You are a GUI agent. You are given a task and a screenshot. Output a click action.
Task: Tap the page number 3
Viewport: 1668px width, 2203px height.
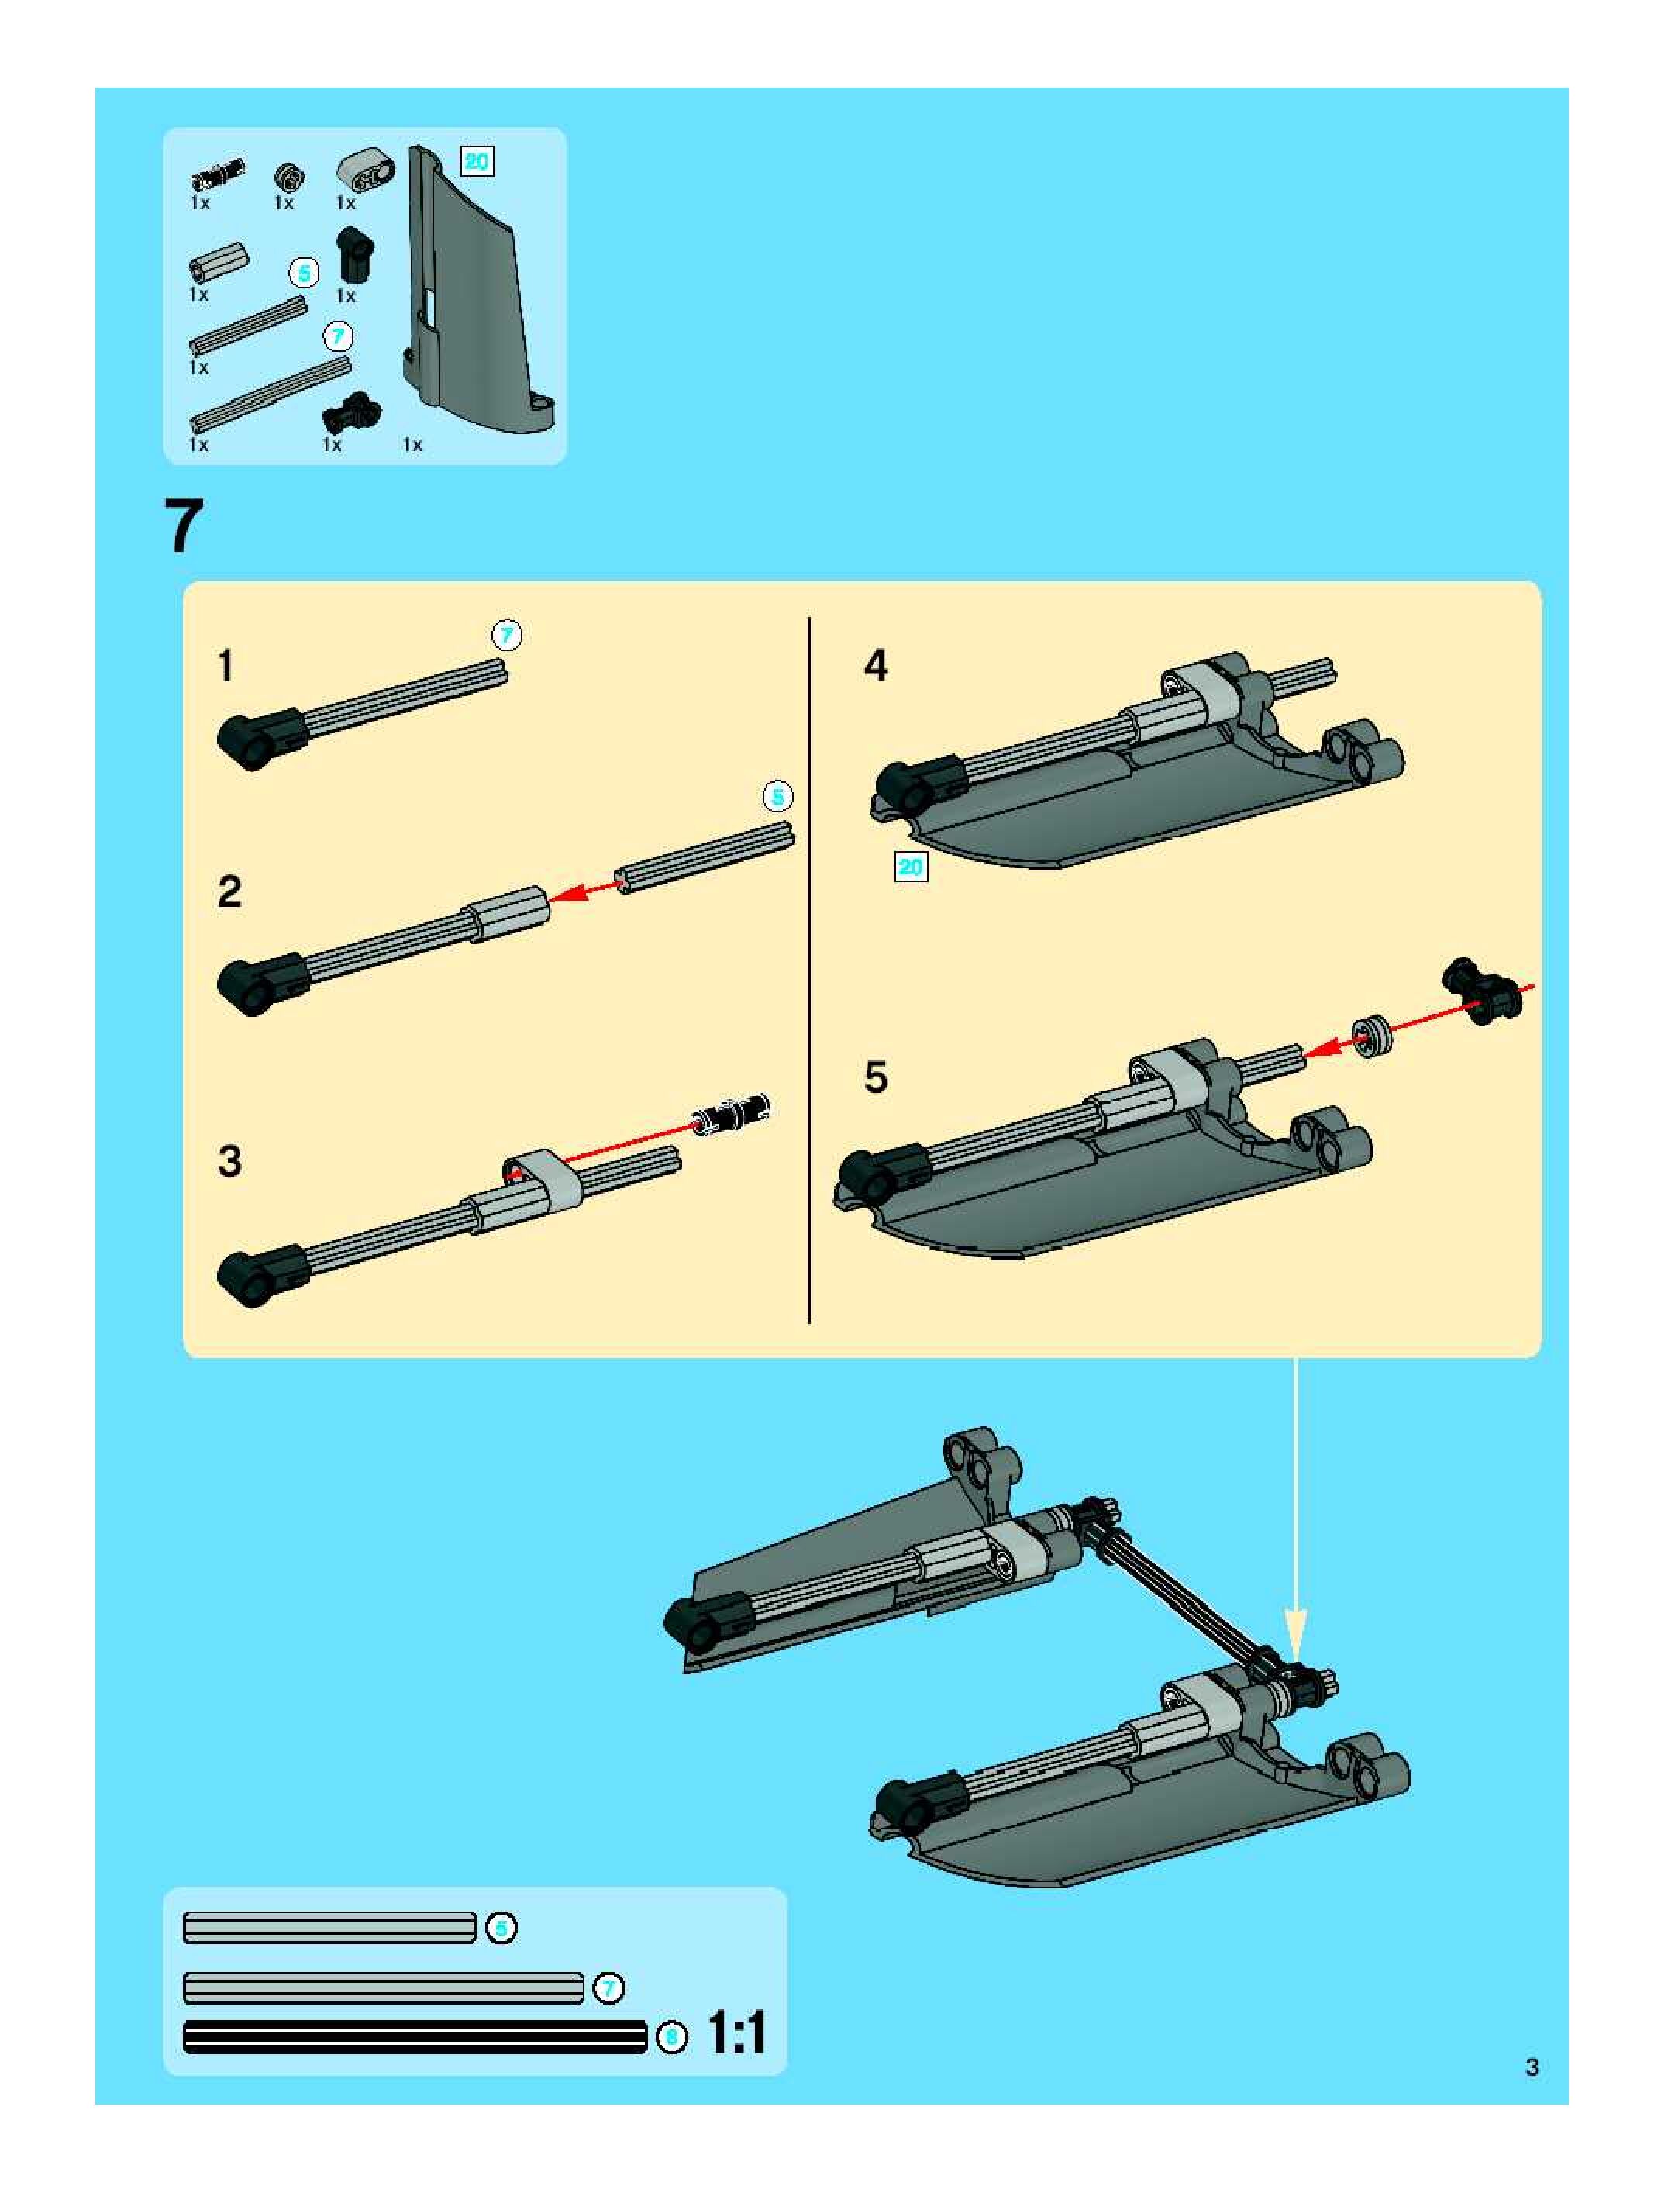pyautogui.click(x=1532, y=2067)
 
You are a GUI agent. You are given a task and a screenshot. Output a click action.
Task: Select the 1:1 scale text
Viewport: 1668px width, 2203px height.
pyautogui.click(x=737, y=2032)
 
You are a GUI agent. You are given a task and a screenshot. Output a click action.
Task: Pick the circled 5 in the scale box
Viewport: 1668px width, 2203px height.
pyautogui.click(x=501, y=1928)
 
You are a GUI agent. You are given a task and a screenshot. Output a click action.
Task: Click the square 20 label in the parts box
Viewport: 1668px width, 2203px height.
pyautogui.click(x=477, y=161)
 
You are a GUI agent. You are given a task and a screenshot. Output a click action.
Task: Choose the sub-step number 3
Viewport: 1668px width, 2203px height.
pyautogui.click(x=230, y=1161)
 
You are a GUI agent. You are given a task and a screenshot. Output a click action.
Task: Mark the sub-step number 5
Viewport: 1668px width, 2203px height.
pyautogui.click(x=875, y=1077)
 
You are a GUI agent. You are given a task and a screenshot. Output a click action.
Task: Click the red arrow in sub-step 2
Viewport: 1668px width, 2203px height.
pyautogui.click(x=584, y=889)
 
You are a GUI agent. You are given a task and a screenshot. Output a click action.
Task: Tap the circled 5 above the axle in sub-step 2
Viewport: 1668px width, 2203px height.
pyautogui.click(x=777, y=797)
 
